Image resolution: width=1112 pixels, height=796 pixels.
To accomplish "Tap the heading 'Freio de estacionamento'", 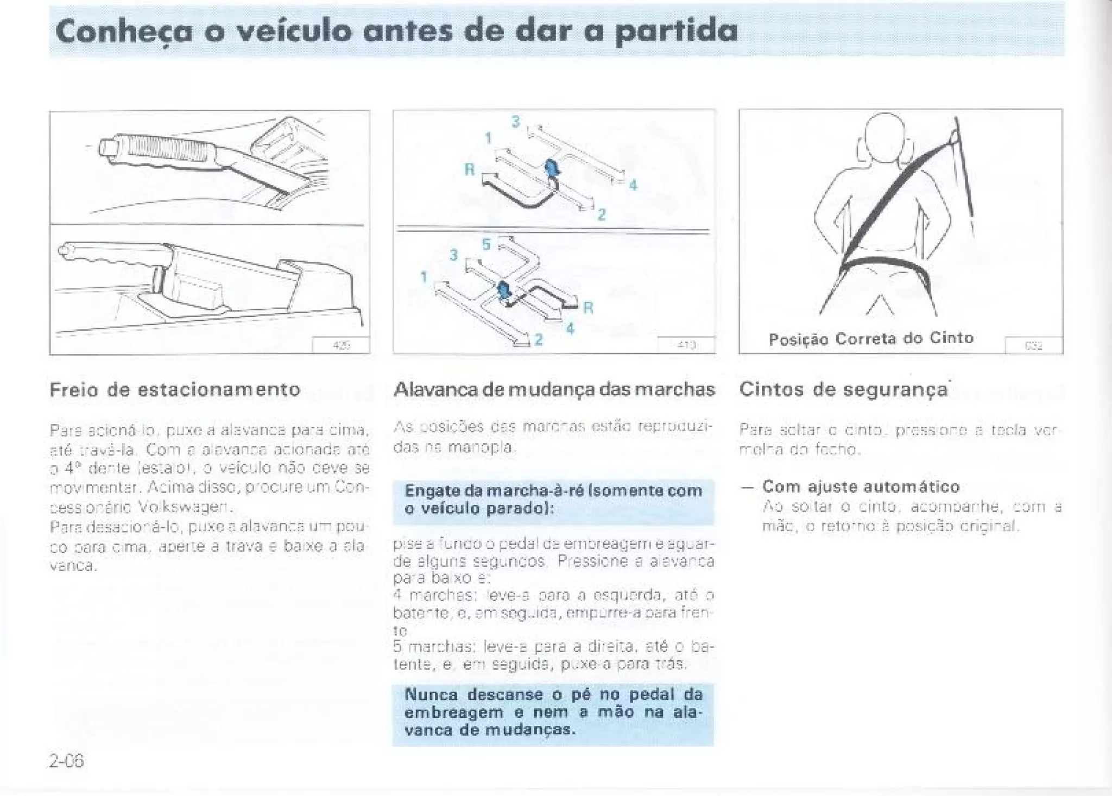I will (175, 389).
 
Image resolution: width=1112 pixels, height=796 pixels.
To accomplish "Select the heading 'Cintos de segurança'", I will (843, 389).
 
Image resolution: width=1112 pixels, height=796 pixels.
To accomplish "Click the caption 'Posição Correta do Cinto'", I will (871, 339).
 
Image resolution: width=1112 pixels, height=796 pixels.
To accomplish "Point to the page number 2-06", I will (66, 761).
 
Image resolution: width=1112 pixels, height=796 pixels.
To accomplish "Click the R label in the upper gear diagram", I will (470, 170).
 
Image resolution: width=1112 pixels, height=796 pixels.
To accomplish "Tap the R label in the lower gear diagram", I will (588, 308).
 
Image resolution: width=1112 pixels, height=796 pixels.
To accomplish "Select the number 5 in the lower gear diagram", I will (486, 245).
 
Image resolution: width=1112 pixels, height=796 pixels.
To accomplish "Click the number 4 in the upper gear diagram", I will (633, 186).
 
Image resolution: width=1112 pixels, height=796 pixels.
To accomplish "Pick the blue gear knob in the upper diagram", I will (552, 168).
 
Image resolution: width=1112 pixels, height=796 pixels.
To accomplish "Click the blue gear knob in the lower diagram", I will (503, 290).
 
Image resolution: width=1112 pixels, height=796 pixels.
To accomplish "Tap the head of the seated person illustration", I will (884, 137).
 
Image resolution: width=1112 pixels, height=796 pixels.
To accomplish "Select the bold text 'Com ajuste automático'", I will (861, 486).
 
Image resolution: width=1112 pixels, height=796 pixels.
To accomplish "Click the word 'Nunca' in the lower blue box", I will (432, 694).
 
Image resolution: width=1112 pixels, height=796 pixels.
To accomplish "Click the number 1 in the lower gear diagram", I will (424, 277).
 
